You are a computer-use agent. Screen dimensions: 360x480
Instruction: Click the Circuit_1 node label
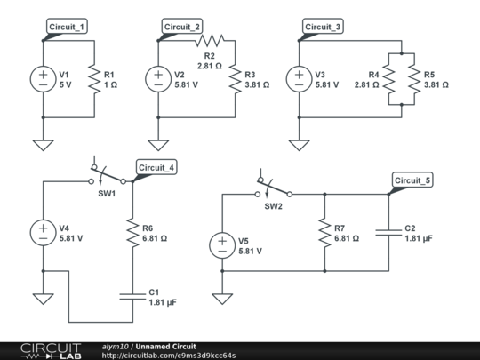coord(68,27)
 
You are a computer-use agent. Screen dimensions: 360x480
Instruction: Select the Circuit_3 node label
coord(323,27)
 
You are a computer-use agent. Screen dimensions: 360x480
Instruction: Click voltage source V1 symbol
coord(43,79)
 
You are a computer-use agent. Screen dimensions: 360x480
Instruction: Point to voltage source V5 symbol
coord(220,244)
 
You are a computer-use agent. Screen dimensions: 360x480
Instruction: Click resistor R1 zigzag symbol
coord(93,79)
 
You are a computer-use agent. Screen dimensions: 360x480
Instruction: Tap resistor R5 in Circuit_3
coord(413,79)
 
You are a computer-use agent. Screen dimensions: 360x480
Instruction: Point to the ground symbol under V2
coord(157,143)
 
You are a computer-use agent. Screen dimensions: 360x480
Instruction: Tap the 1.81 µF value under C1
coord(164,303)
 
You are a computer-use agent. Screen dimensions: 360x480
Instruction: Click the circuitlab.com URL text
coord(167,356)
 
